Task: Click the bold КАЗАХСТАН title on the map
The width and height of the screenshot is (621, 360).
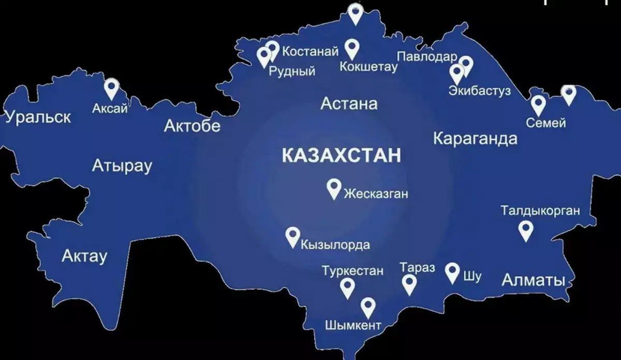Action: click(342, 155)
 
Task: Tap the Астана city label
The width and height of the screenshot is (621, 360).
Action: click(349, 104)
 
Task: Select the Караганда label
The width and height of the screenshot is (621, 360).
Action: click(475, 139)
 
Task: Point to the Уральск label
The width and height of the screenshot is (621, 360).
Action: click(38, 117)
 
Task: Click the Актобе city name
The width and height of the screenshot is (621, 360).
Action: click(192, 126)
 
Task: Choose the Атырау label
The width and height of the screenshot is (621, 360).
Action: click(122, 166)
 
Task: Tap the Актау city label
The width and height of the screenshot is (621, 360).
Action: click(84, 256)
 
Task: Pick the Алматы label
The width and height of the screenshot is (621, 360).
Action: click(534, 280)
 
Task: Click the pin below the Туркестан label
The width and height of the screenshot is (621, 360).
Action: click(347, 287)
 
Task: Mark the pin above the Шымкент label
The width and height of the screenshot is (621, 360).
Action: click(368, 307)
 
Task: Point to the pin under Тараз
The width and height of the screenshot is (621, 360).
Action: click(409, 283)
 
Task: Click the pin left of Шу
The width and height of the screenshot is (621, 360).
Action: click(453, 272)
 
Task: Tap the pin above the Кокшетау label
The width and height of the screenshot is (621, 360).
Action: click(352, 48)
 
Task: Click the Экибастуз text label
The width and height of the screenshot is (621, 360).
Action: click(480, 91)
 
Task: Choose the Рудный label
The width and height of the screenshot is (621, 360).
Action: click(292, 71)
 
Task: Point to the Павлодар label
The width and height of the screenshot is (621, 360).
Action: click(427, 56)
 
